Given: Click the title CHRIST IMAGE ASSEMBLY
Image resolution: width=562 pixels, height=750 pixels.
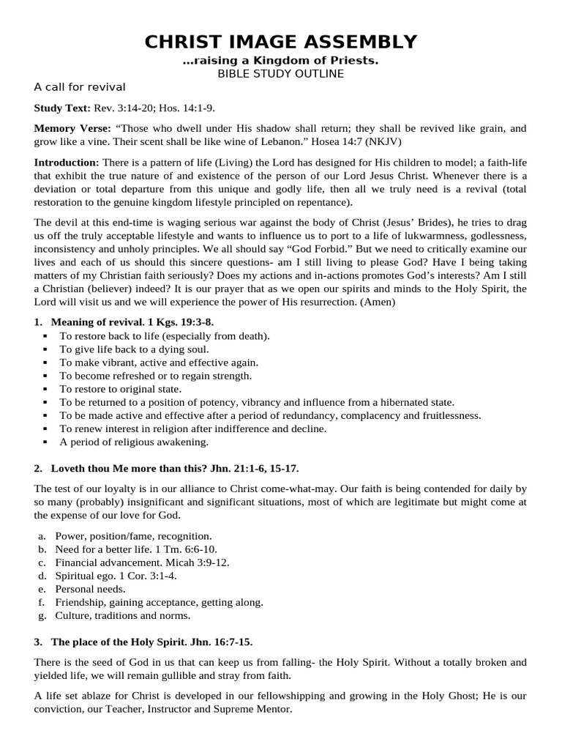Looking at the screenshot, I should (280, 42).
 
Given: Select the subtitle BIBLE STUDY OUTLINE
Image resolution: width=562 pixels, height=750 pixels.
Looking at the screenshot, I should (280, 73).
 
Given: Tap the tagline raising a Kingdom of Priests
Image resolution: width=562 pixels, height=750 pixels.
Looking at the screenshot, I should (280, 61).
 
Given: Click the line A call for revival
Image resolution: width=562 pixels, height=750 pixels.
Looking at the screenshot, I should (80, 87).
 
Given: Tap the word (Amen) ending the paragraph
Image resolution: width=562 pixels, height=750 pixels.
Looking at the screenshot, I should (376, 301).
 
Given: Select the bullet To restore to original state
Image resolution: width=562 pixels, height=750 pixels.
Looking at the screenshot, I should (120, 389).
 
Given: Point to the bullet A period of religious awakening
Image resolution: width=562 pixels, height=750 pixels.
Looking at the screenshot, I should (134, 442).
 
